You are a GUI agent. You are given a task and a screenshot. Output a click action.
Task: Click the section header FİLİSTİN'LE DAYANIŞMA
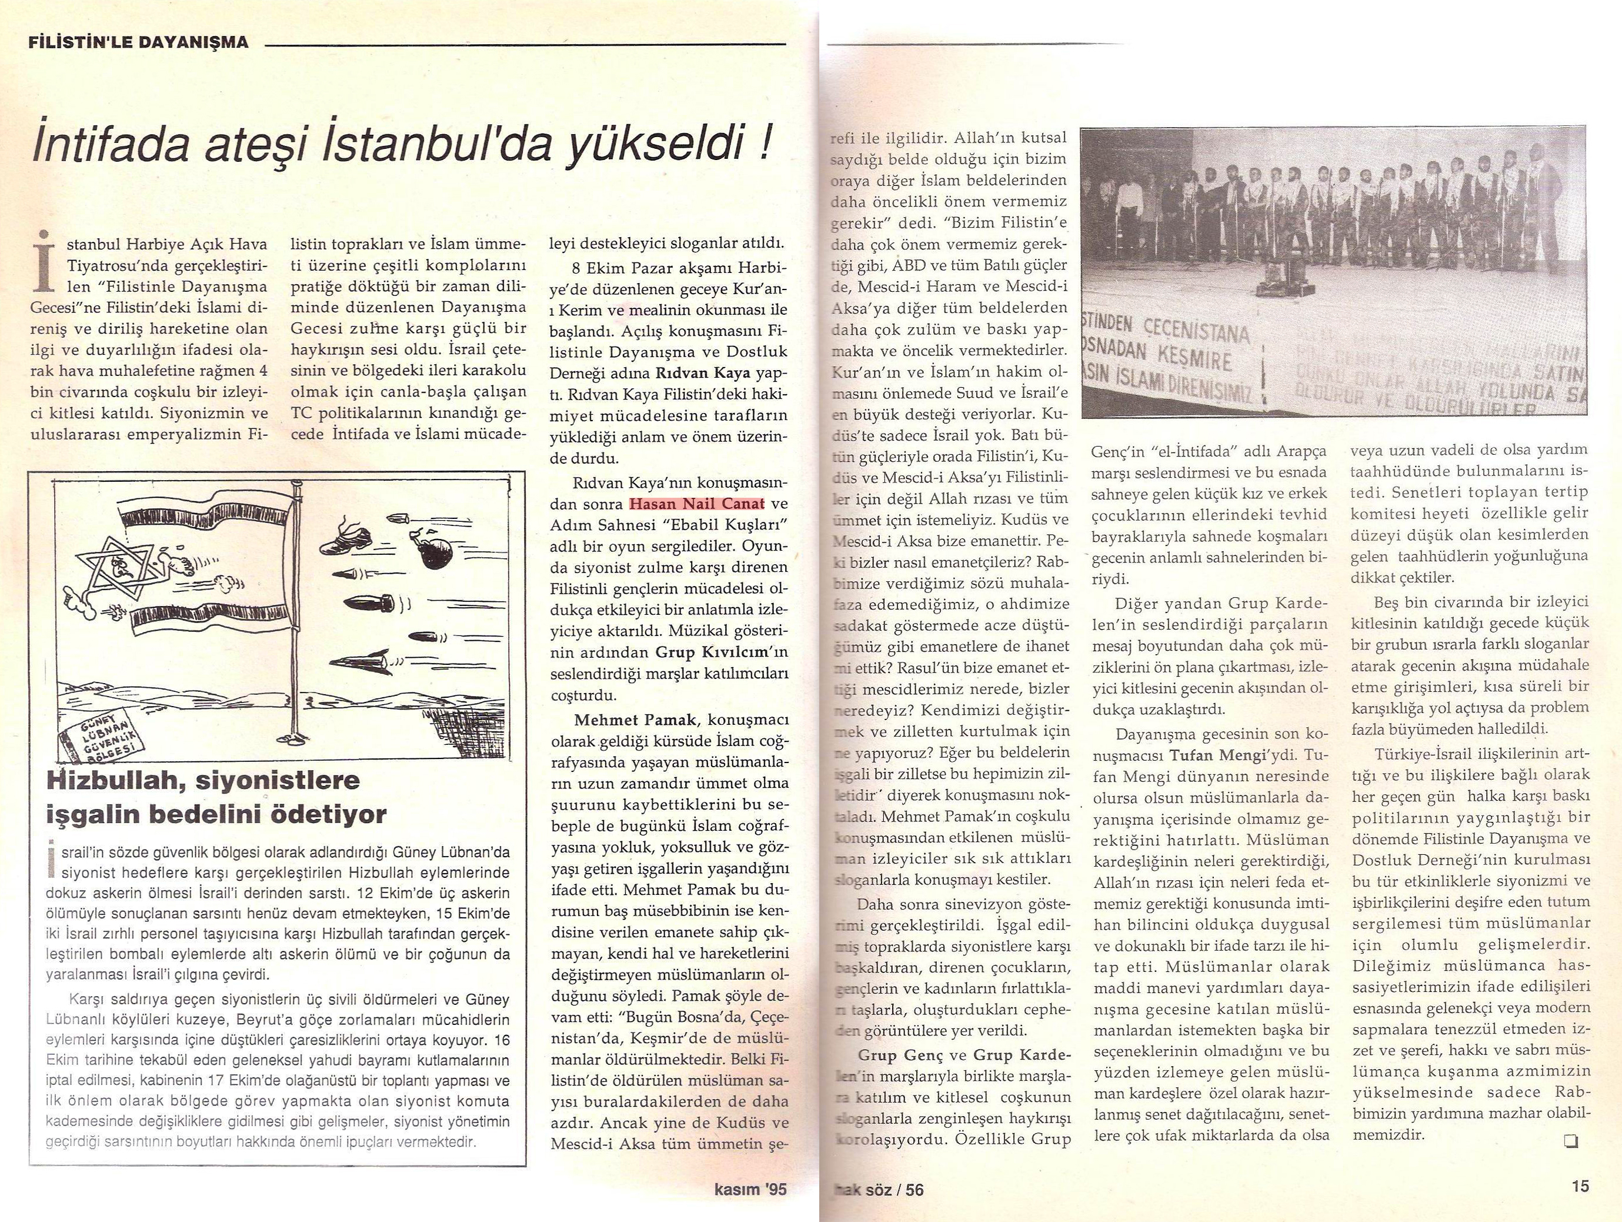coord(138,42)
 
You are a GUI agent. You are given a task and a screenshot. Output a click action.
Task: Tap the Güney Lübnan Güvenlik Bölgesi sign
coord(103,734)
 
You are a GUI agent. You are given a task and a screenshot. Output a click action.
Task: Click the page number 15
coord(1580,1186)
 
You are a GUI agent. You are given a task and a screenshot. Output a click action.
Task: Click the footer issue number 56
coord(915,1190)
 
